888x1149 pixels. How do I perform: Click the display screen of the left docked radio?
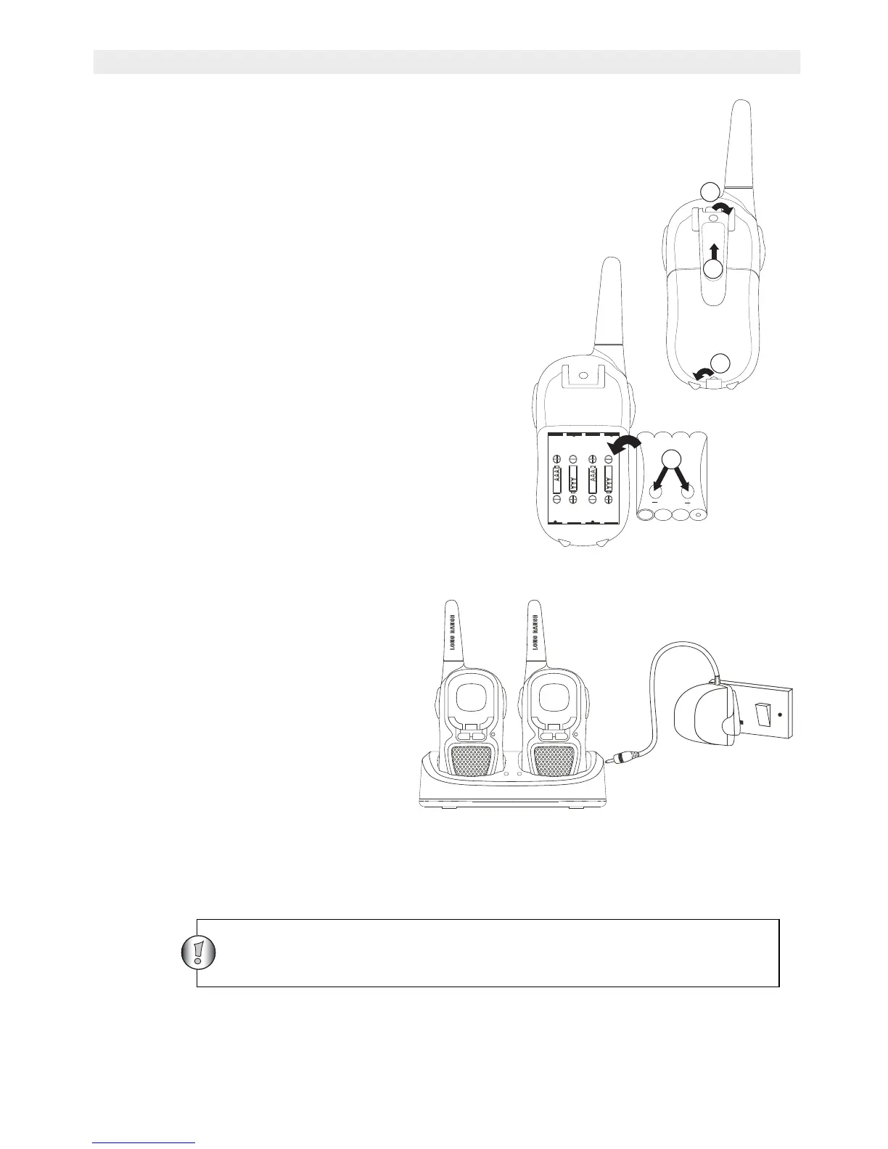tap(471, 700)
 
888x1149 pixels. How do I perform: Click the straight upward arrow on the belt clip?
tap(715, 252)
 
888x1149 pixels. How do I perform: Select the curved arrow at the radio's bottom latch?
tap(702, 373)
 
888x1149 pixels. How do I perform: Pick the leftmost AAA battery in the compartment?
tap(556, 479)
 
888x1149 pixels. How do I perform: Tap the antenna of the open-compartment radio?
tap(609, 305)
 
